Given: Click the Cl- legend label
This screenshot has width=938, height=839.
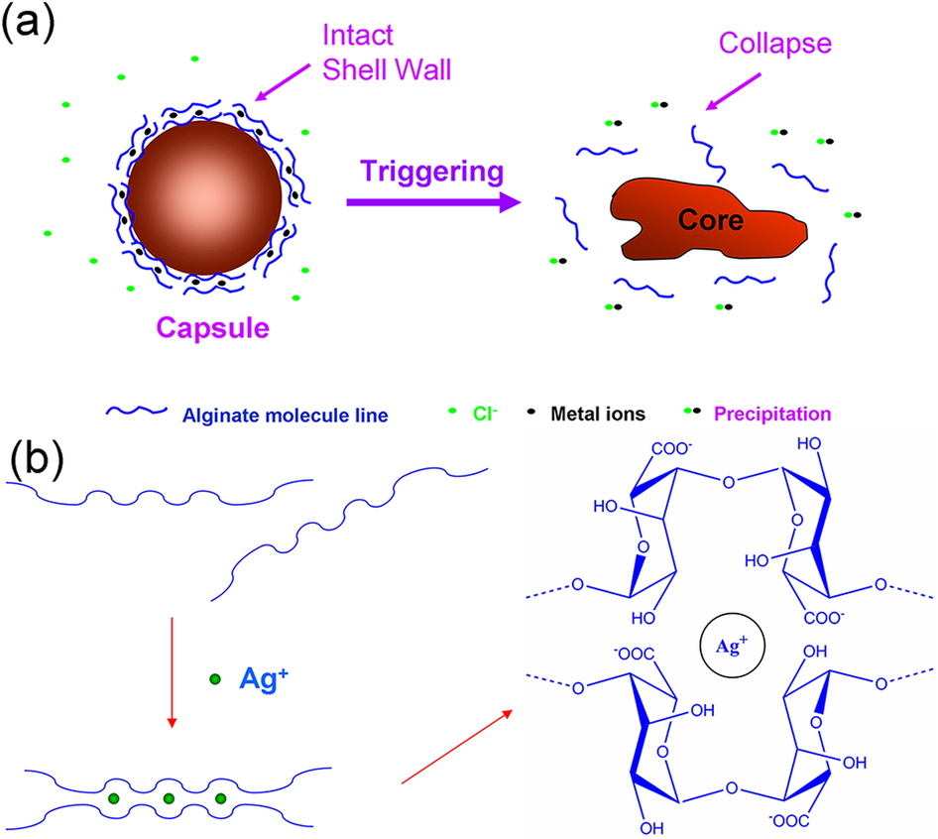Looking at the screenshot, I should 483,412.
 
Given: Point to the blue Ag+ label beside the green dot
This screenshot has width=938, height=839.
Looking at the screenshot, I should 264,679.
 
